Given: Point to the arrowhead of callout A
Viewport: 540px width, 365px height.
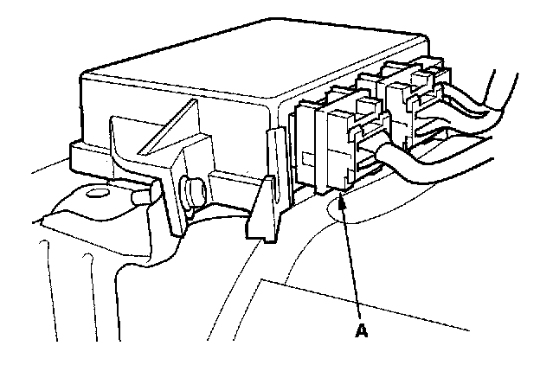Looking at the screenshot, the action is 343,199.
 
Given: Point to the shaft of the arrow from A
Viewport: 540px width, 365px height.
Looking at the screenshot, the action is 352,259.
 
